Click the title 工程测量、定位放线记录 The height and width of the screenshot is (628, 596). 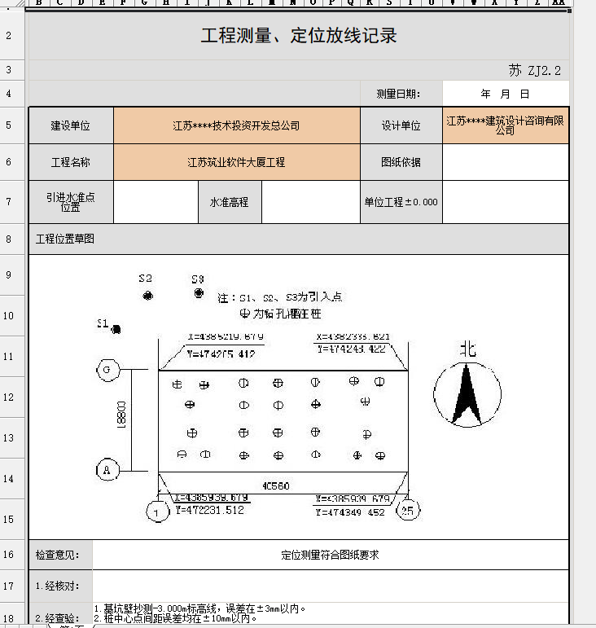point(299,36)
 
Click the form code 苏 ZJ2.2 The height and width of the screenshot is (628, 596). point(535,70)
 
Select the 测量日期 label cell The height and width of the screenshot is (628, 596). point(398,94)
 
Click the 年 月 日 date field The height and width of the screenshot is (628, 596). point(505,94)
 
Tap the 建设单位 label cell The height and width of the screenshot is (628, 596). point(71,126)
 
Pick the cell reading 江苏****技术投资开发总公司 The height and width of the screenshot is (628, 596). point(236,126)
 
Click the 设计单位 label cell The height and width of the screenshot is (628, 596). point(401,126)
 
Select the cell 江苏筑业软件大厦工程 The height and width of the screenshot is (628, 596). point(236,162)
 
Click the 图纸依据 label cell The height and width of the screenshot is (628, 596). point(401,162)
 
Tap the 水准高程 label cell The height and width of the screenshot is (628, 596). point(230,202)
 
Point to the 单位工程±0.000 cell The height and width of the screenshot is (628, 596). point(401,202)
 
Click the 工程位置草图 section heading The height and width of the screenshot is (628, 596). point(65,239)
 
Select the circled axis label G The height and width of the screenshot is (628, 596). point(107,370)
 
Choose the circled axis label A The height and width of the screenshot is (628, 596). point(107,470)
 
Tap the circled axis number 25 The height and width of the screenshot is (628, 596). point(408,511)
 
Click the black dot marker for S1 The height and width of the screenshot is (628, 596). point(116,330)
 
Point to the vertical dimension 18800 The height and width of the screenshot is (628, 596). point(121,419)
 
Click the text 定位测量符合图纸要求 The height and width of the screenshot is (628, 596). point(330,556)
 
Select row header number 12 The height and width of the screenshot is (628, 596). point(8,397)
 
